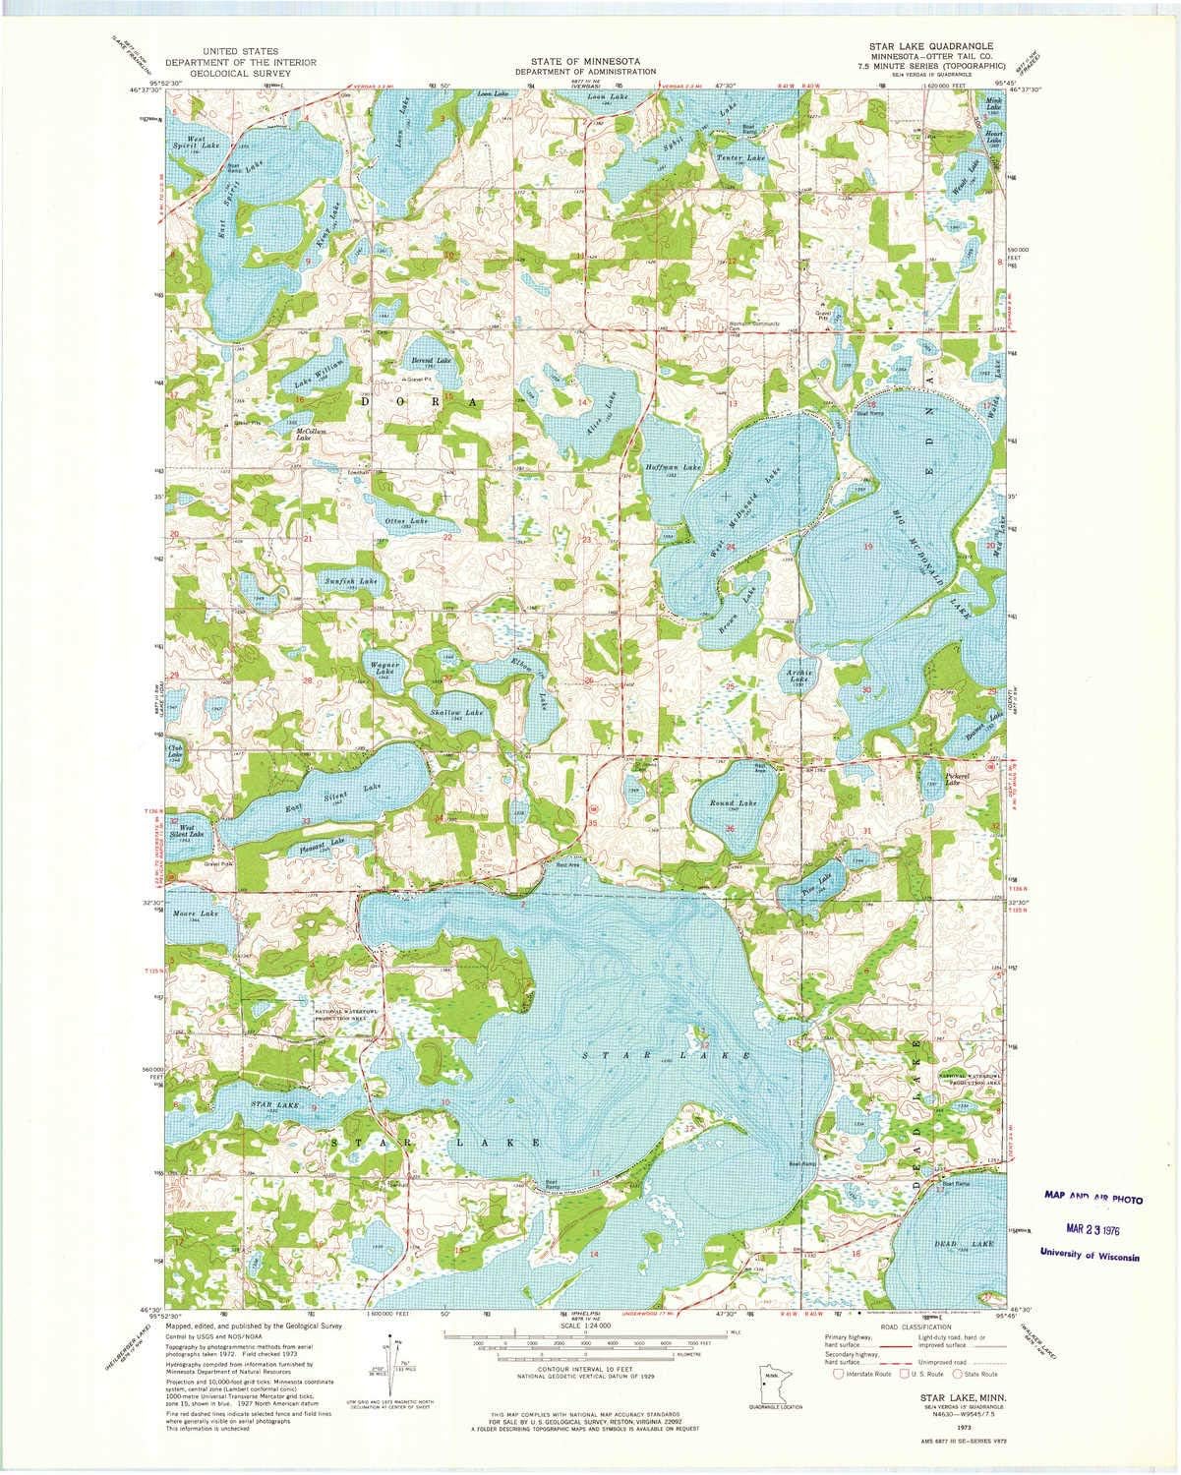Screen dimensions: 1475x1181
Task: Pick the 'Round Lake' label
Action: pyautogui.click(x=734, y=803)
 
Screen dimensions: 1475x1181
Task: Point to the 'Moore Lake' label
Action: pyautogui.click(x=193, y=914)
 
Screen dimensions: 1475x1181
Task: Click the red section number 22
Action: pyautogui.click(x=447, y=538)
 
